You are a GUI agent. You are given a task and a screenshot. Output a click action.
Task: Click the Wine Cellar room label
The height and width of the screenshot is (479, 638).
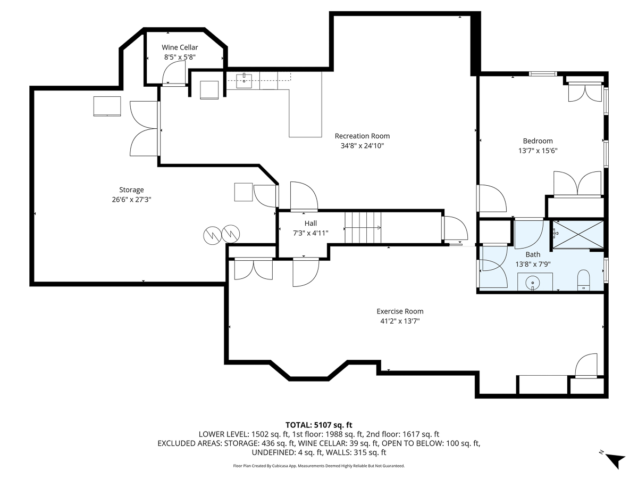coord(180,47)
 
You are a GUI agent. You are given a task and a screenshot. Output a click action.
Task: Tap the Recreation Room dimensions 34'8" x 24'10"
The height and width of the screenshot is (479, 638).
coord(362,146)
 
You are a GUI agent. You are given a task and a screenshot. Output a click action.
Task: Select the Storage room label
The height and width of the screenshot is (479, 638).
coord(131,190)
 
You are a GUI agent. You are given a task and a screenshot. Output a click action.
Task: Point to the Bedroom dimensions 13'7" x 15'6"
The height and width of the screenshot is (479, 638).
coord(538,151)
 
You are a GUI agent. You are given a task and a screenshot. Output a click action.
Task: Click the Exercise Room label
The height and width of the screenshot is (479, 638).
coord(400,311)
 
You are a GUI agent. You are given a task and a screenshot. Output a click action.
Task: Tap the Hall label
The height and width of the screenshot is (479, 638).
coord(310,224)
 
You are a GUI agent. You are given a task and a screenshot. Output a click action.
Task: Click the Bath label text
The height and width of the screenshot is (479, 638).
coord(533,254)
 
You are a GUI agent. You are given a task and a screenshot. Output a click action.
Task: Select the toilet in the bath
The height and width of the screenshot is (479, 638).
coord(583,280)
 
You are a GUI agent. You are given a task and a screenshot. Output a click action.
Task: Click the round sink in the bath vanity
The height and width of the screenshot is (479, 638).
coord(533,283)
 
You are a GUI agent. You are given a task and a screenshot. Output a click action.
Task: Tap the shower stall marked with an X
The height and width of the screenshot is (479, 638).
coord(578,235)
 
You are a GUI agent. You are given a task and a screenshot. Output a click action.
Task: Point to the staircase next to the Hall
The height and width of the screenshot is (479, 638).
coord(363,227)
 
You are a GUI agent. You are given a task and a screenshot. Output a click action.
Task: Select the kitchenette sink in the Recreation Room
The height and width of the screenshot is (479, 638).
coord(244,80)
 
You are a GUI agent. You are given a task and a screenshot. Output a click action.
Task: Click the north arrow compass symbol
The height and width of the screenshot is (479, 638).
coord(614,461)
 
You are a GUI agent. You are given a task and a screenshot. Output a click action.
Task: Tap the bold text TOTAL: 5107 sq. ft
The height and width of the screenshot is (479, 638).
coord(319,425)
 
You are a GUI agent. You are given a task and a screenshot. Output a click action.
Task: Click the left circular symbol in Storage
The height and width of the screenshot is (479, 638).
coord(213,235)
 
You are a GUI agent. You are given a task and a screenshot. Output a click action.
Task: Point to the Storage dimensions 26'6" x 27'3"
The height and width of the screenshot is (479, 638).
coord(131,200)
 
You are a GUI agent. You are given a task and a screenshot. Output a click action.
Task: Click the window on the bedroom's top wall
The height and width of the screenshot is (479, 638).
coord(543,74)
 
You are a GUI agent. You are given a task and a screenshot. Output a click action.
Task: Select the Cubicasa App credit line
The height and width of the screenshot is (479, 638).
coord(319,466)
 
